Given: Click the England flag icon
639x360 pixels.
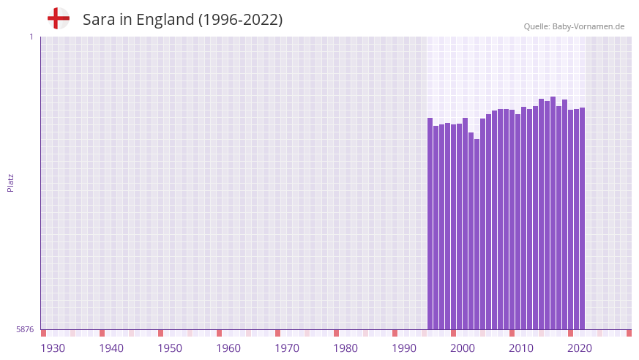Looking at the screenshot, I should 58,19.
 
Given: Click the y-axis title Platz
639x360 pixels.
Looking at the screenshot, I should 10,182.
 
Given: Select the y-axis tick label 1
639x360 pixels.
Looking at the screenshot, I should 31,37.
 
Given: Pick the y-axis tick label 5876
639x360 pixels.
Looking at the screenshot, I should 25,330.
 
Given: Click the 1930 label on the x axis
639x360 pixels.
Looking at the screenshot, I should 53,348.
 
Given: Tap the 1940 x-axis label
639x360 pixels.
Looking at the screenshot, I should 111,348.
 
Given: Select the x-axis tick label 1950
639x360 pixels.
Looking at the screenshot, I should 170,348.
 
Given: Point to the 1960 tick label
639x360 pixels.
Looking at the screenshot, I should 228,348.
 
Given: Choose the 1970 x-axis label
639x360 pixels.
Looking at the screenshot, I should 287,348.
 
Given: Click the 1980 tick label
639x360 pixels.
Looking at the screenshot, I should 345,348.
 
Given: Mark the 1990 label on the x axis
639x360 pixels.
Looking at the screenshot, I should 404,348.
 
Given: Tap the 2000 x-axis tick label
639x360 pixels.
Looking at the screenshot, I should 463,348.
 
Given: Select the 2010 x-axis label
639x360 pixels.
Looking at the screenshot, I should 521,348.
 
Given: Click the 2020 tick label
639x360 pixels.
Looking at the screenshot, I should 580,348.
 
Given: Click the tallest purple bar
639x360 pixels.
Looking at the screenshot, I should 553,212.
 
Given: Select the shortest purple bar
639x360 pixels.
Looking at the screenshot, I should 477,234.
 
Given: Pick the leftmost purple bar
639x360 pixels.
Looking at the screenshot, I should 430,223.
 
